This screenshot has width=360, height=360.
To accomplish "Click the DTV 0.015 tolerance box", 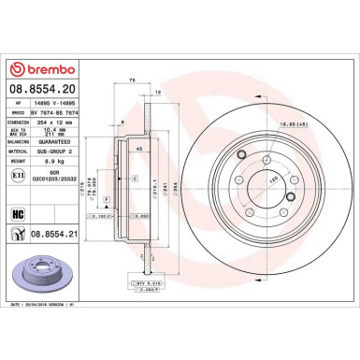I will point(151,281).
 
